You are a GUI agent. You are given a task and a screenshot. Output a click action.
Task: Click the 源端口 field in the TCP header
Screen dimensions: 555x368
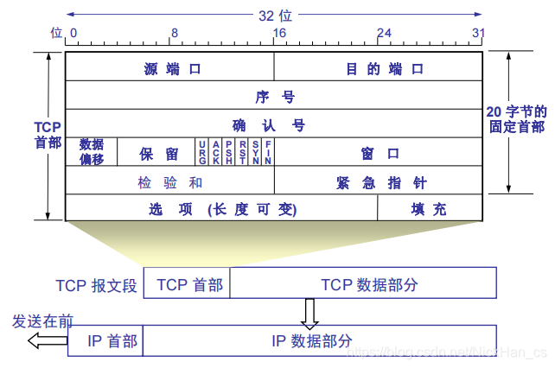[x=170, y=68]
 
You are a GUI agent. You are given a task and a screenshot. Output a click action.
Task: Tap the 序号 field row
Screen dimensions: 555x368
[x=274, y=96]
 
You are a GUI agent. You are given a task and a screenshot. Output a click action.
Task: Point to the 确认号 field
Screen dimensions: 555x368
[x=274, y=124]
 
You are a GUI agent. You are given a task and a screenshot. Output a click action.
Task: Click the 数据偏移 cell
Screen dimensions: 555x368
[x=91, y=152]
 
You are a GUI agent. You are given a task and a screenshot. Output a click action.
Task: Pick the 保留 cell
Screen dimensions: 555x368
[x=157, y=153]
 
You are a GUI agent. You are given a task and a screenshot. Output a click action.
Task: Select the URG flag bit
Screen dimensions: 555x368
[x=202, y=152]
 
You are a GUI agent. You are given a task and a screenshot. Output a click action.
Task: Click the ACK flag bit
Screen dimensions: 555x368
[x=216, y=152]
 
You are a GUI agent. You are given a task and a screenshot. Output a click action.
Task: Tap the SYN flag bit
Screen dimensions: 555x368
[x=255, y=152]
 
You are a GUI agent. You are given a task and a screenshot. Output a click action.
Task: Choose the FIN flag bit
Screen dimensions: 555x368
[x=268, y=152]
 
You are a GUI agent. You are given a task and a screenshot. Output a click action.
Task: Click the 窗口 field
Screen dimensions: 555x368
[x=379, y=153]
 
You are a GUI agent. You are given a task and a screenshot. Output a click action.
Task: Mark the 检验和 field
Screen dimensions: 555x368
[x=170, y=181]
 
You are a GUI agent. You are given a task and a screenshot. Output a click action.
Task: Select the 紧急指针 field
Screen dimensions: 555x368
[x=379, y=181]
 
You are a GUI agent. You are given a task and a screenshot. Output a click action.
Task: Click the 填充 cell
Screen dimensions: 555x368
[x=429, y=208]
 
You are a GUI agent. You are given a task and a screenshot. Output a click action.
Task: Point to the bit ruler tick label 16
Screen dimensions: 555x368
[x=278, y=33]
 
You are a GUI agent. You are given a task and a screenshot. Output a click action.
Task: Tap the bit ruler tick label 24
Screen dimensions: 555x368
[x=383, y=33]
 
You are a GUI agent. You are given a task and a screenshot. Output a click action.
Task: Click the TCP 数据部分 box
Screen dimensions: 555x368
[x=363, y=283]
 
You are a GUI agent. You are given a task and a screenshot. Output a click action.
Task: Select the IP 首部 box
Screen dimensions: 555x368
[x=105, y=340]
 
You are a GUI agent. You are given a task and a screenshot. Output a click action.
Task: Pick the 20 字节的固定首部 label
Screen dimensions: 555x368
[x=516, y=119]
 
